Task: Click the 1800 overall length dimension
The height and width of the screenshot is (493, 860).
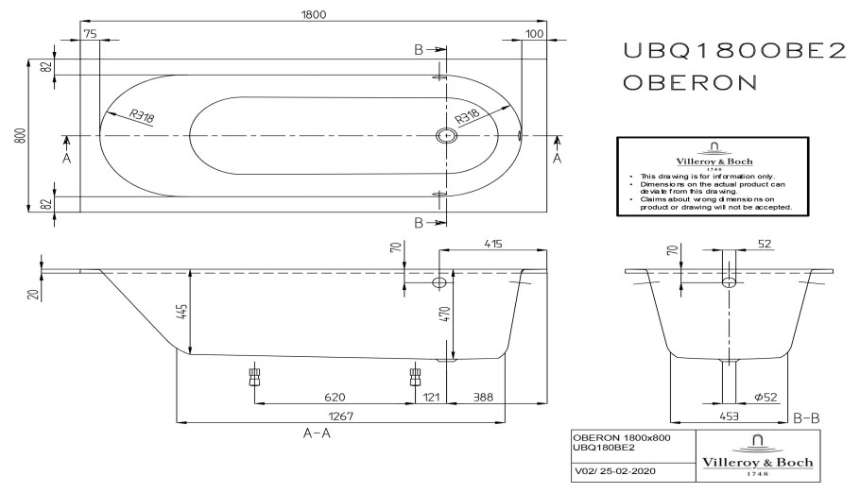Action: point(313,14)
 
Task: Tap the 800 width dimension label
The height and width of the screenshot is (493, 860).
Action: point(20,135)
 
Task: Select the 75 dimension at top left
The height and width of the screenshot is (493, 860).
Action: point(90,33)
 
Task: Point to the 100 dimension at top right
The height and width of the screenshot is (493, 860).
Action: point(534,33)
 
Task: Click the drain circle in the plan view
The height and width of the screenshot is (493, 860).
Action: point(446,135)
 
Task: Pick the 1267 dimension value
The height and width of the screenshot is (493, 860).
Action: point(340,416)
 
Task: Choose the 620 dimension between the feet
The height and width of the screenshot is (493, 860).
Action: point(334,397)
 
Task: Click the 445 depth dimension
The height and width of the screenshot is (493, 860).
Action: point(182,312)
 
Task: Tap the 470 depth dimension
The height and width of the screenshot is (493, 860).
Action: point(444,314)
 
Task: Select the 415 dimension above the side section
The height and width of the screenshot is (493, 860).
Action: point(493,244)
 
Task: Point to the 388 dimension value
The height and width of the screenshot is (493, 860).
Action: point(483,397)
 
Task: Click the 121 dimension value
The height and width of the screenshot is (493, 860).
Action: point(431,397)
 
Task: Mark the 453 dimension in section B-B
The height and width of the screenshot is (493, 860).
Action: point(729,416)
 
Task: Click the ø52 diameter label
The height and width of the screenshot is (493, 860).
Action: point(765,397)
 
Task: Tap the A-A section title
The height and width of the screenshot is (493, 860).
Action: point(317,433)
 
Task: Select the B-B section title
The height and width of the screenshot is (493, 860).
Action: point(806,418)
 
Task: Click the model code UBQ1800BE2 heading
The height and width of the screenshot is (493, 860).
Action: point(735,51)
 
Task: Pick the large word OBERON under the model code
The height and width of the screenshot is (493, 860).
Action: point(690,82)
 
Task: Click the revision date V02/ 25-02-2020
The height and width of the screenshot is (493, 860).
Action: point(615,470)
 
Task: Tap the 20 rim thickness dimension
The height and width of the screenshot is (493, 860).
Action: point(35,294)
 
